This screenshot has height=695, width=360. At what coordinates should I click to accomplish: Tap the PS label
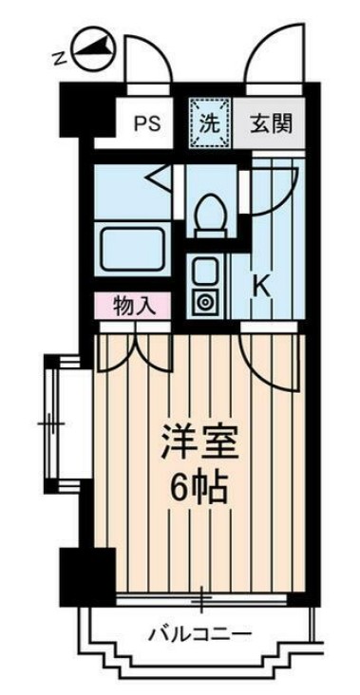pyautogui.click(x=145, y=122)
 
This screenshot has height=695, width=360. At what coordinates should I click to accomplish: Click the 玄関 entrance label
pyautogui.click(x=271, y=122)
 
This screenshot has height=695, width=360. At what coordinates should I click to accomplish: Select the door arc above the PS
pyautogui.click(x=149, y=59)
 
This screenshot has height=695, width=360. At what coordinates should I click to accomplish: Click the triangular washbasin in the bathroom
pyautogui.click(x=157, y=177)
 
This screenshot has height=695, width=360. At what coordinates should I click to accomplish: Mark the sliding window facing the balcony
pyautogui.click(x=202, y=600)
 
